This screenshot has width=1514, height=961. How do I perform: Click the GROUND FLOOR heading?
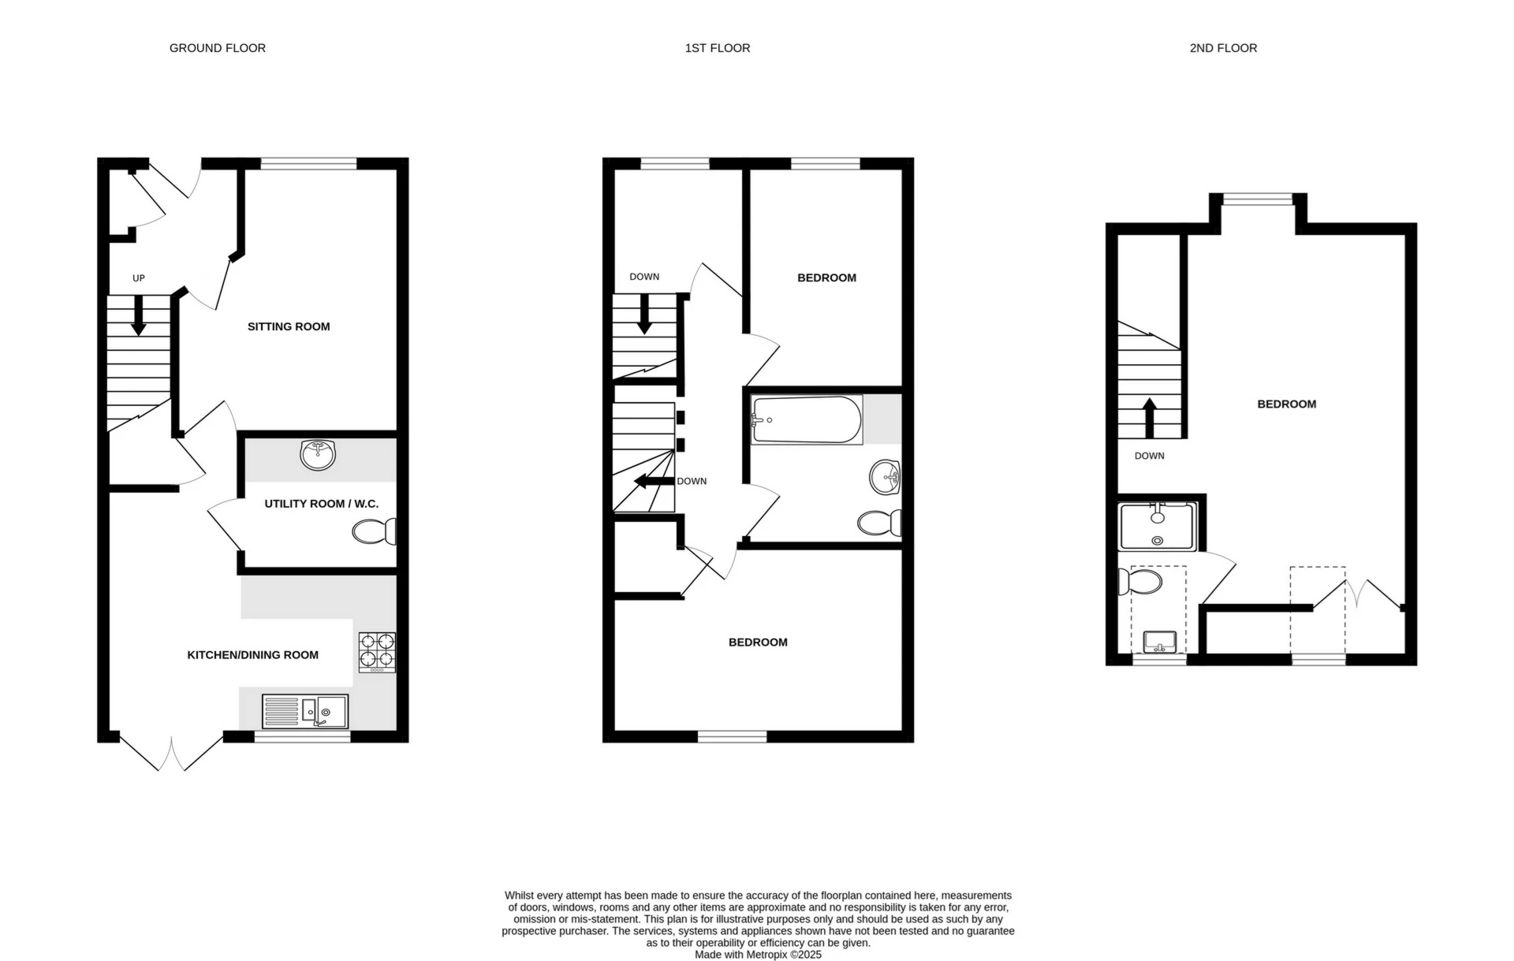tap(217, 48)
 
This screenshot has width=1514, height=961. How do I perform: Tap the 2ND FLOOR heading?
tap(1223, 48)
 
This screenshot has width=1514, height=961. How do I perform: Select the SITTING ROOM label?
tap(289, 326)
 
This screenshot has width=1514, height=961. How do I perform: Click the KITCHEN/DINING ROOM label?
tap(252, 654)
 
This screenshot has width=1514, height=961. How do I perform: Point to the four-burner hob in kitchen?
tap(377, 652)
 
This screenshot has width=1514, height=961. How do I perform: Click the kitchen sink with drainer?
tap(305, 711)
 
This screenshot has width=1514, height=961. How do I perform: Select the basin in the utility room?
tap(319, 454)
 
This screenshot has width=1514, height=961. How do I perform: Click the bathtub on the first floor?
tap(806, 419)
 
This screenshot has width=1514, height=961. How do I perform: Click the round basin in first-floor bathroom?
tap(886, 477)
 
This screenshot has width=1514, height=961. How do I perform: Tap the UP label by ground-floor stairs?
tap(139, 278)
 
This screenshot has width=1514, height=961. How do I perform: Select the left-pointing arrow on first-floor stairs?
tap(654, 481)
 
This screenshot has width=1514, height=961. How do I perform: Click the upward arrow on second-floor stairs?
tap(1149, 418)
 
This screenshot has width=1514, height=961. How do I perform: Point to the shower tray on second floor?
tap(1157, 527)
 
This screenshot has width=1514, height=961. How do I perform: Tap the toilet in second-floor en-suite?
tap(1140, 582)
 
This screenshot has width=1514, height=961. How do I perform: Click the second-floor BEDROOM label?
tap(1286, 404)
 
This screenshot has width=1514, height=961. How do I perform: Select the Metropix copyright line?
tap(758, 955)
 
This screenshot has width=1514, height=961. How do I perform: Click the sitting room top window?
tap(308, 164)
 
